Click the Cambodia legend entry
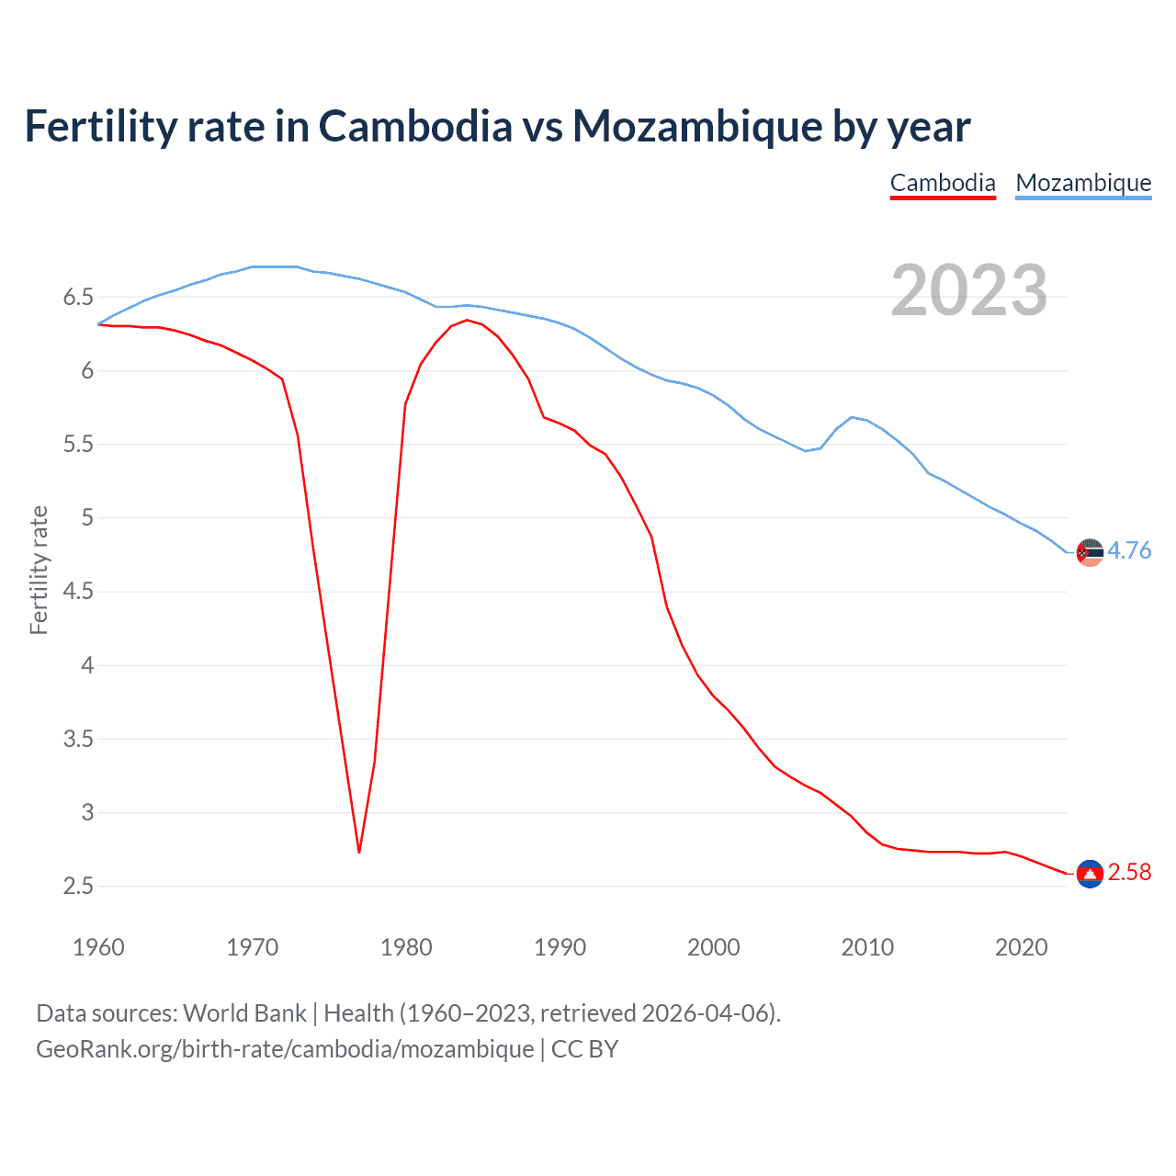pos(943,183)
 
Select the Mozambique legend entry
pos(1083,183)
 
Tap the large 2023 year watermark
pos(969,290)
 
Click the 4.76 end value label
pos(1129,550)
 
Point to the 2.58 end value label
pos(1129,872)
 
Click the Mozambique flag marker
pos(1090,552)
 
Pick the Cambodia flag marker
pos(1090,874)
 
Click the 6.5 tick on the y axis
pos(78,297)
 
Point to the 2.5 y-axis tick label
pos(78,886)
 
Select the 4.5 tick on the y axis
pos(78,592)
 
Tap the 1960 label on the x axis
pos(98,947)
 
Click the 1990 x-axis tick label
pos(560,947)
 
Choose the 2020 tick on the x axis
pos(1021,947)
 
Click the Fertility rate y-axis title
pos(39,570)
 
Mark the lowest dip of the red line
pos(359,852)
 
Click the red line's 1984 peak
pos(467,320)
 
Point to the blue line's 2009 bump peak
pos(853,417)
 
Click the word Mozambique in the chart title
pos(696,126)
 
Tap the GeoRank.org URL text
pos(285,1049)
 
